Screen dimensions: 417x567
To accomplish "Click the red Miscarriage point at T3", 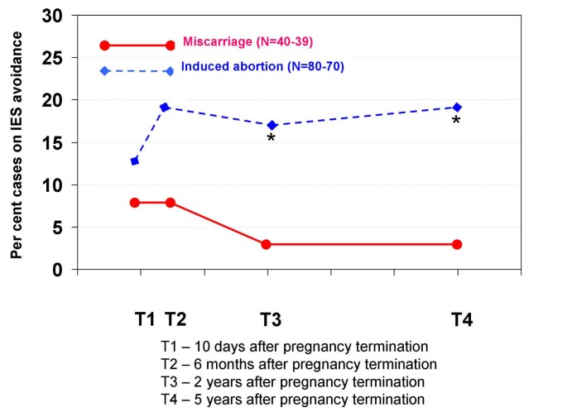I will pos(267,244).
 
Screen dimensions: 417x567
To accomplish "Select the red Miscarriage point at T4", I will pos(457,244).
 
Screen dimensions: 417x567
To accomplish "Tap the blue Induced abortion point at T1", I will pos(135,161).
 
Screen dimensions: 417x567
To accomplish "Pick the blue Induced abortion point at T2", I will pos(165,107).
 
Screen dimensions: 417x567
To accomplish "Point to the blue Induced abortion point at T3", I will pos(271,125).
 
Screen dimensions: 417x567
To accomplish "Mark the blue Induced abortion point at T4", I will pos(457,107).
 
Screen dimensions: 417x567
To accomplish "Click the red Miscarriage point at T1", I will pos(135,202).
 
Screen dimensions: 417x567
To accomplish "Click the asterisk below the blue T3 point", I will pos(271,138).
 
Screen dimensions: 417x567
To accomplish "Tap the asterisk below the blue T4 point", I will pos(455,122).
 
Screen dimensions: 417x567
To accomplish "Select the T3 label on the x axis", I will pos(271,319).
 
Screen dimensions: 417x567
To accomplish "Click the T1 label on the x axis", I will pos(145,319).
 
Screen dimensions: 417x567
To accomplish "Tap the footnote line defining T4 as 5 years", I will pos(294,399).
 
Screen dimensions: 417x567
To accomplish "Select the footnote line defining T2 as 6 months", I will pos(299,363).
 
